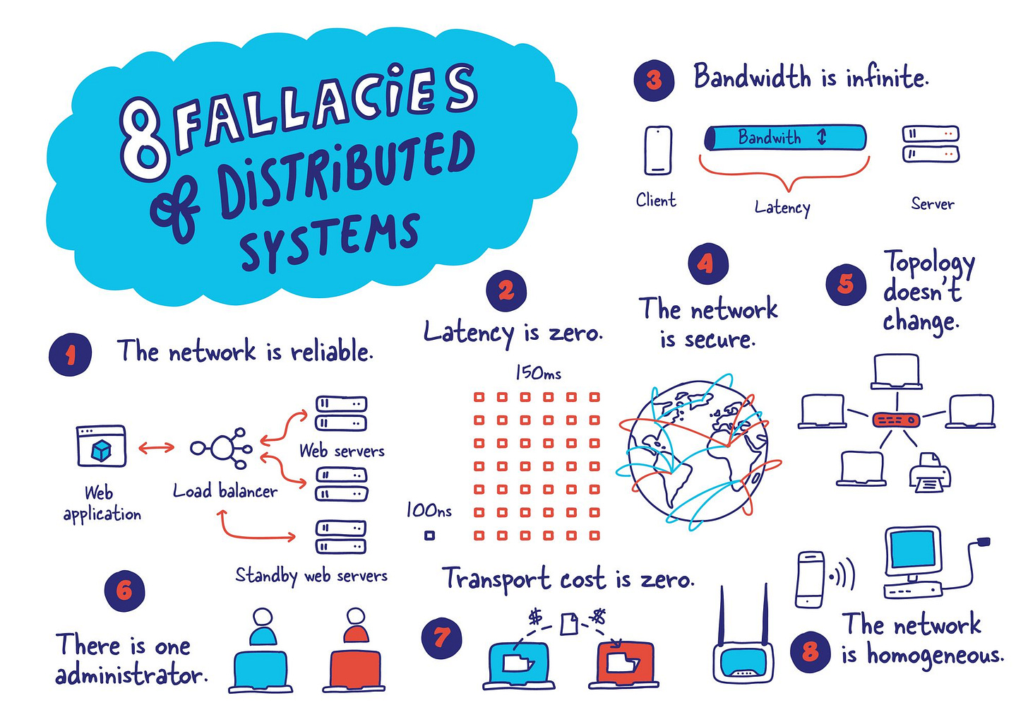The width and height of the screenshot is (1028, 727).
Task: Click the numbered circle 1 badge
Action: point(71,355)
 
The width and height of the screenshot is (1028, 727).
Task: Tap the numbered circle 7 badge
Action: point(441,638)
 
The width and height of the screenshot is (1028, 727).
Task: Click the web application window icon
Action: point(101,447)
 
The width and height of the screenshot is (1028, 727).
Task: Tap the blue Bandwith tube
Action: point(785,138)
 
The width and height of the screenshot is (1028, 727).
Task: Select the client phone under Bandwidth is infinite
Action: point(658,150)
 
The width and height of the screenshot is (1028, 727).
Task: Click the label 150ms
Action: point(538,372)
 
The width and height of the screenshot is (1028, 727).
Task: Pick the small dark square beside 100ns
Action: point(429,536)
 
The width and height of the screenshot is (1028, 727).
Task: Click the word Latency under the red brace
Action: point(782,207)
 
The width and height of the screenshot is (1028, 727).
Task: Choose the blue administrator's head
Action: point(263,617)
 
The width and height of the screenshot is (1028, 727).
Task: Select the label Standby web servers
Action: point(311,575)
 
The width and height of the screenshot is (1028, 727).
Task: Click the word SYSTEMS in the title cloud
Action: point(330,240)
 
